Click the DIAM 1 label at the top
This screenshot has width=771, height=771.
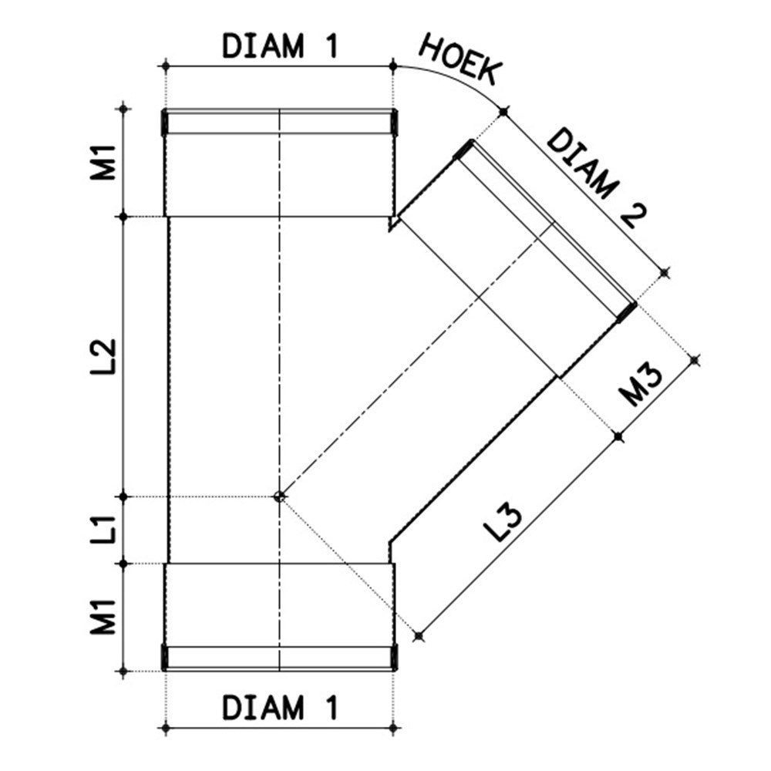coord(279,47)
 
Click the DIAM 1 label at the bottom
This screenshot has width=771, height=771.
coord(279,707)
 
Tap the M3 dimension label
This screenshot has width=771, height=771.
coord(639,385)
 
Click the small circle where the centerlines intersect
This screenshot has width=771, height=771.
coord(280,497)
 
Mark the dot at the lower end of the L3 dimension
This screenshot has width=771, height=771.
coord(419,636)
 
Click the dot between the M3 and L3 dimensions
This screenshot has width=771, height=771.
coord(618,436)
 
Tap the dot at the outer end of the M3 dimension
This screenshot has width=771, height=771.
coord(695,359)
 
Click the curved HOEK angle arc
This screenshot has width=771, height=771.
coord(455,80)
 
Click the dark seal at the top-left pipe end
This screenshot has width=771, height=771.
coord(165,122)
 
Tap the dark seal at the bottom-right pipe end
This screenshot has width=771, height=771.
coord(394,657)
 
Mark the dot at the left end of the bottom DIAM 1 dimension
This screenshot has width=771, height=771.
coord(166,727)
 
